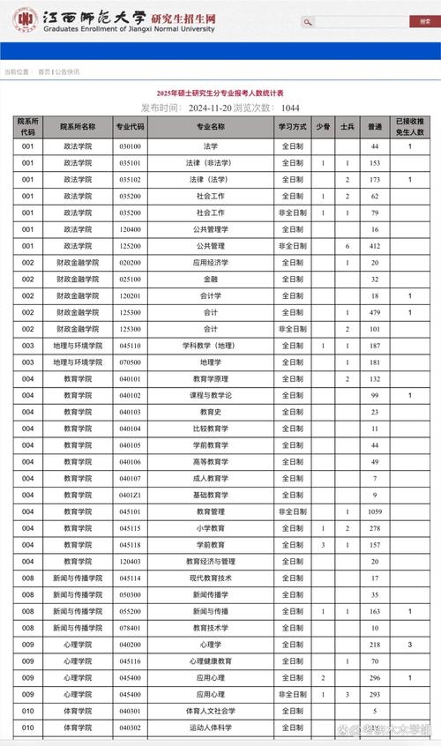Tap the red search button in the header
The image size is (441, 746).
point(308,22)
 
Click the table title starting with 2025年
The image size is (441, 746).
point(221,93)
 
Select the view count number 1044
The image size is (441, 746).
point(289,108)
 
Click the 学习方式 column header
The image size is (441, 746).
point(293,127)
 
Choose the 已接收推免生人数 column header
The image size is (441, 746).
point(409,127)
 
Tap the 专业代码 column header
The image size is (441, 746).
point(130,127)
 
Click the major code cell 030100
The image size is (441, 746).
point(130,146)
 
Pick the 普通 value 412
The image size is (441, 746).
point(375,246)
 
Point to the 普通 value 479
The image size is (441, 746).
point(375,312)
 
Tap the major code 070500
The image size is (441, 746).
point(130,362)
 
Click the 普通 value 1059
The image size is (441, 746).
point(375,511)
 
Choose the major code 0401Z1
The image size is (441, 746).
point(130,495)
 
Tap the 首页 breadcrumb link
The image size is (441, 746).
point(44,71)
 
